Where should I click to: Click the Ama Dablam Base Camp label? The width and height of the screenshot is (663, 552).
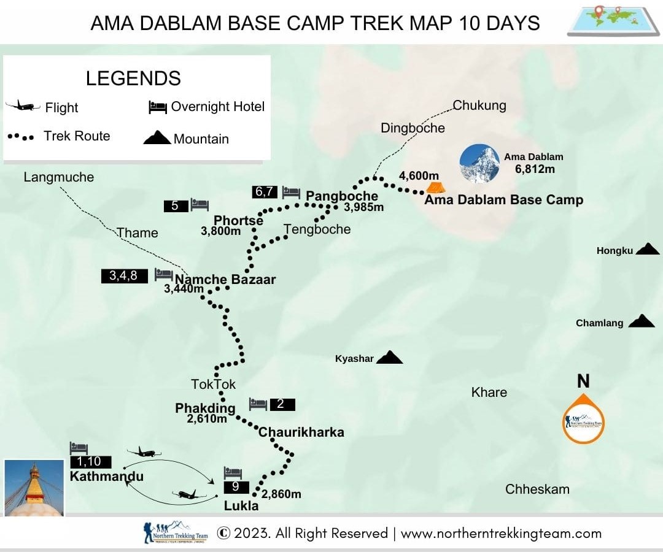(503, 200)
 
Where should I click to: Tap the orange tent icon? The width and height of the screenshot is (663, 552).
(435, 186)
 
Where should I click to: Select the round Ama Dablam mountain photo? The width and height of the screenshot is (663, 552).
(479, 164)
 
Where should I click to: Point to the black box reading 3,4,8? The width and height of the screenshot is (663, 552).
(124, 276)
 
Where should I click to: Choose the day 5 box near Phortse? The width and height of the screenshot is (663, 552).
(176, 206)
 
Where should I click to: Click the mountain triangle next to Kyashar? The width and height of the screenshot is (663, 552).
(389, 357)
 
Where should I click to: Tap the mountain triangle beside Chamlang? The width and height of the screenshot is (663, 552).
(642, 321)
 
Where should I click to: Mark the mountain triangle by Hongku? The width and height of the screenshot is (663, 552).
(647, 248)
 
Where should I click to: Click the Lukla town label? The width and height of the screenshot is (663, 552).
(241, 506)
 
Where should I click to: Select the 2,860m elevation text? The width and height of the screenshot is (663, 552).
(281, 494)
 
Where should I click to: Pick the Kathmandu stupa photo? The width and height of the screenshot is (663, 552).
(34, 488)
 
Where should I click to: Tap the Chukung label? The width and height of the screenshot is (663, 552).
(479, 105)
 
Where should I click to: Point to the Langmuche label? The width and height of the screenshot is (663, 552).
(59, 177)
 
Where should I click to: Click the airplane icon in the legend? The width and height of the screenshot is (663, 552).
(23, 106)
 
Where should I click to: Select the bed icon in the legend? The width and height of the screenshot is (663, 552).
(158, 107)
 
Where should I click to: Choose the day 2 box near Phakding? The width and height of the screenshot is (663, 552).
(281, 405)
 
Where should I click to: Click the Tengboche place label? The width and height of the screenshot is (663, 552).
(317, 229)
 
